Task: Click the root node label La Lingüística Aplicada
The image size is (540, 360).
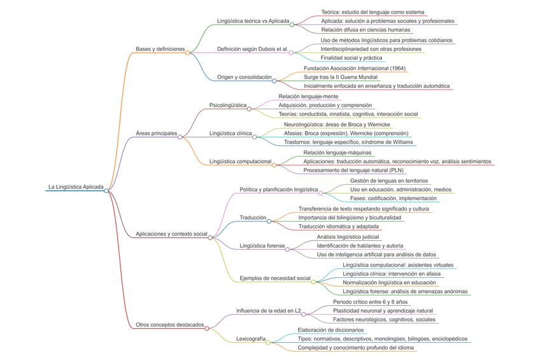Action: point(76,187)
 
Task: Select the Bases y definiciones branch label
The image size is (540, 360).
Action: point(160,49)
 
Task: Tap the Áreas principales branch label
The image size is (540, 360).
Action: point(156,133)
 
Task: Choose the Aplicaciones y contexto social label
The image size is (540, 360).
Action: point(171,234)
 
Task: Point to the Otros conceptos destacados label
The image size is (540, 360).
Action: point(170,324)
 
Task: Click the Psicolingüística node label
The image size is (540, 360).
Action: point(228,104)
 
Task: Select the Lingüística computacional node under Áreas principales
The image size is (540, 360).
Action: point(240,161)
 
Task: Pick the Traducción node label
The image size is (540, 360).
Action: point(253,217)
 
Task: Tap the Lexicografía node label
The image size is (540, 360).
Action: point(250,338)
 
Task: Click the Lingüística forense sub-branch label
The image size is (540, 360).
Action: point(262,245)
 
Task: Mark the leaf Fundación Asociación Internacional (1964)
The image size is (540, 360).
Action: point(355,68)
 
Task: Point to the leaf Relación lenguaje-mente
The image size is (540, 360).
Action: point(308,96)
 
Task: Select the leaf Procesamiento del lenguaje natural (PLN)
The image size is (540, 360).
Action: point(353,170)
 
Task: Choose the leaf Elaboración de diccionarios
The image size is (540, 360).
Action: point(330,329)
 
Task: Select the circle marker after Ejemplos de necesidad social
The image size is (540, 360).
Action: point(313,281)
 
